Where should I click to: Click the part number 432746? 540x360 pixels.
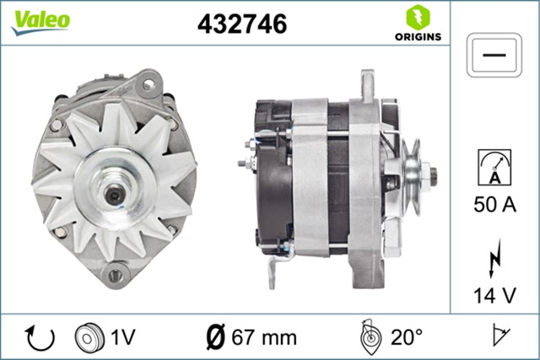(242, 24)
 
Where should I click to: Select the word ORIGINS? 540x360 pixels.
(417, 36)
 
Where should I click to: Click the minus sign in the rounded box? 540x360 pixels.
(494, 56)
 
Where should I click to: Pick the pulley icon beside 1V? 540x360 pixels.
(87, 337)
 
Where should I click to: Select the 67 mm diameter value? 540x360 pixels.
(264, 337)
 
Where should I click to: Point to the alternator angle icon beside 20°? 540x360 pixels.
(369, 336)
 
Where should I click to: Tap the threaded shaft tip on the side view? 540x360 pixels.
(433, 175)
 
